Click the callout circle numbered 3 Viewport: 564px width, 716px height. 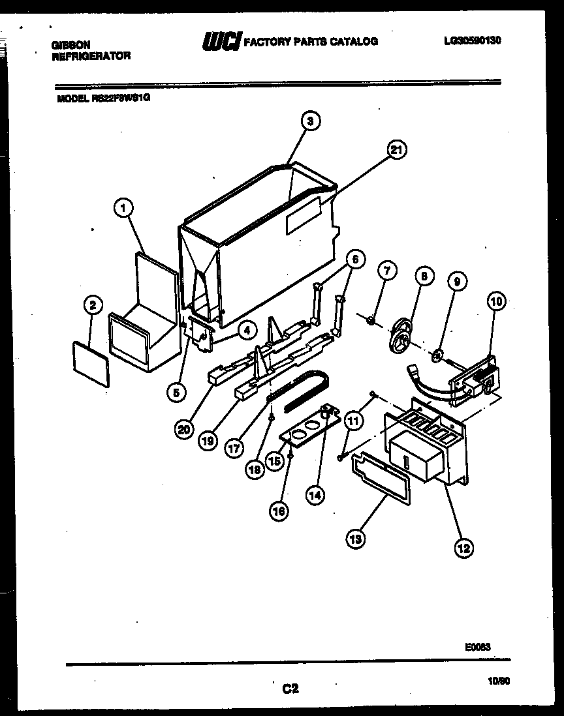[x=311, y=121]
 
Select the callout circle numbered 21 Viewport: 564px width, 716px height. [x=396, y=150]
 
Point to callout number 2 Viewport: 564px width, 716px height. [x=93, y=304]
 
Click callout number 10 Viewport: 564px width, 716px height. [x=497, y=301]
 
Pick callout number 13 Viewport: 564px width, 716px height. [x=356, y=539]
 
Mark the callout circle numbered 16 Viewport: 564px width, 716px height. [x=279, y=512]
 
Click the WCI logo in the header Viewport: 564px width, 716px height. [x=222, y=42]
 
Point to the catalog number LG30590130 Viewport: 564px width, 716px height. [x=472, y=40]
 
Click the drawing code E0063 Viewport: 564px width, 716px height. [x=477, y=647]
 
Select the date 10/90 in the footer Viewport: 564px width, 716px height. [x=499, y=681]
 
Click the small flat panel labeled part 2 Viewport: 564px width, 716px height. [x=91, y=363]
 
